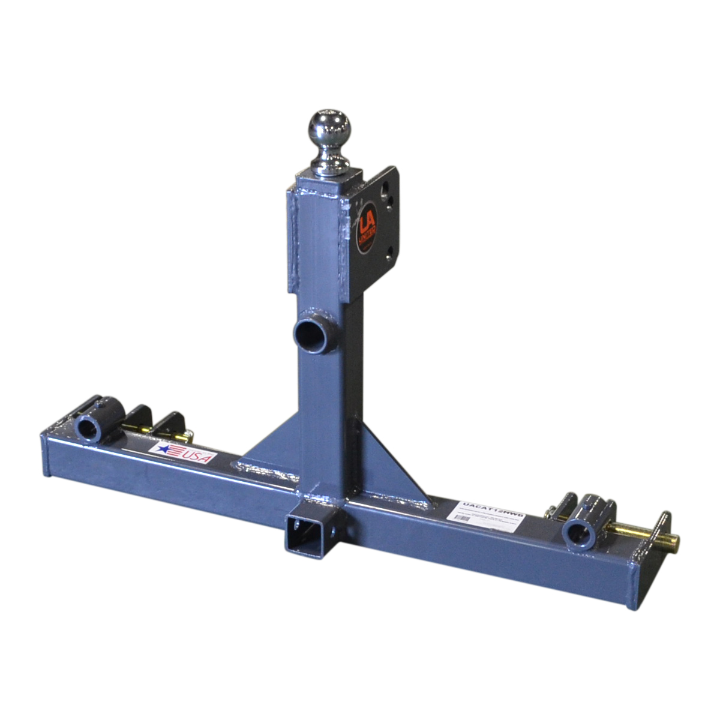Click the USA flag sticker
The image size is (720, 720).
point(185,451)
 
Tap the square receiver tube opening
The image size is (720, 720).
point(300,535)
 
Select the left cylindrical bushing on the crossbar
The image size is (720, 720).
point(90,428)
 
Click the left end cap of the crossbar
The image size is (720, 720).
point(45,454)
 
